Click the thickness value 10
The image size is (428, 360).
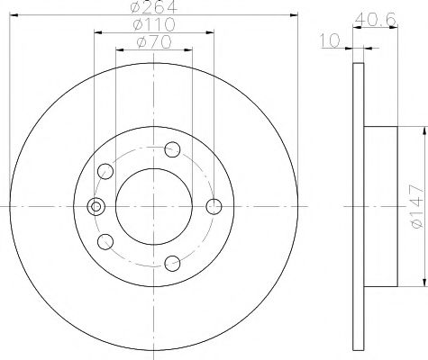(330, 39)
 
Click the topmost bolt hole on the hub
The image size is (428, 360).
(174, 149)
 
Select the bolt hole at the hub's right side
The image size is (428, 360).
(214, 207)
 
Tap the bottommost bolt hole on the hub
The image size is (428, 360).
(174, 264)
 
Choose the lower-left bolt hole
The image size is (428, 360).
(106, 241)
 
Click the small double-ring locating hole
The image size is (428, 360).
(94, 207)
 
